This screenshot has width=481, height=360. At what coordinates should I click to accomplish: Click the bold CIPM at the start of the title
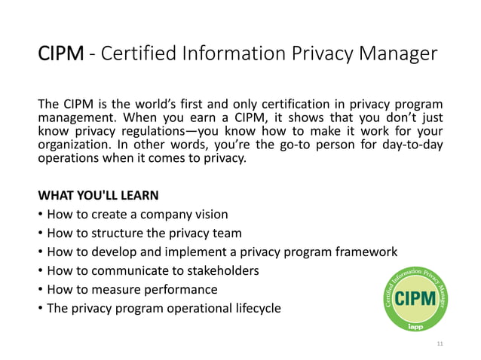[x=62, y=55]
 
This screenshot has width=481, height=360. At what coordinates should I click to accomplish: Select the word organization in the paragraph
[x=73, y=145]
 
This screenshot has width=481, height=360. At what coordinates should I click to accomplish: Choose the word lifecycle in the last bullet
[x=252, y=309]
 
